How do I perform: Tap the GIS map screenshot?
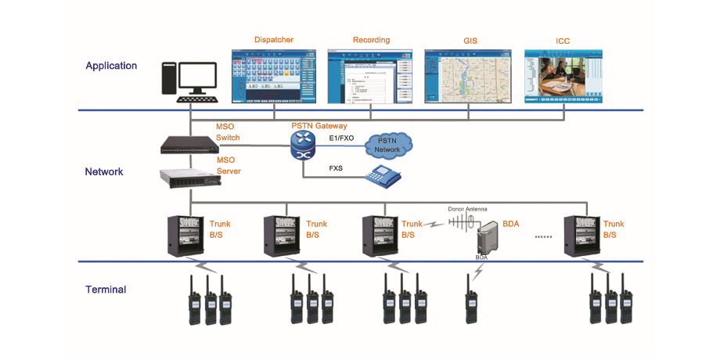click(466, 77)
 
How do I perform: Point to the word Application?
click(111, 67)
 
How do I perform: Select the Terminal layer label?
click(106, 290)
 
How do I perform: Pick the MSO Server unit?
click(186, 180)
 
